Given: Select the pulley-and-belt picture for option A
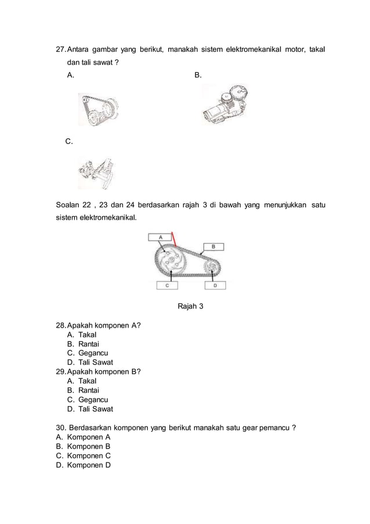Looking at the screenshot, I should [x=99, y=109].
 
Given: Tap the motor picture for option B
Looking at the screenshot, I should [x=226, y=105].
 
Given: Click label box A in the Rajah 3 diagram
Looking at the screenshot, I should [x=161, y=236].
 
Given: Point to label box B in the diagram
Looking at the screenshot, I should [x=213, y=247].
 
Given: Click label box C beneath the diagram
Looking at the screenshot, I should [x=167, y=285].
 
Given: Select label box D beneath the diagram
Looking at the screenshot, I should [x=215, y=285].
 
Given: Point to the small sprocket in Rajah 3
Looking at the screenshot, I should [x=212, y=267].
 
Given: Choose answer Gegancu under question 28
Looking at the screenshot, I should [x=93, y=353].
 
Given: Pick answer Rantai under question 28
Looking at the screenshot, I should [x=89, y=344].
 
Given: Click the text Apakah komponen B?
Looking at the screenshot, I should [x=104, y=372].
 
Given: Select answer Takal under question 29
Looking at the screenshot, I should [x=87, y=381].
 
